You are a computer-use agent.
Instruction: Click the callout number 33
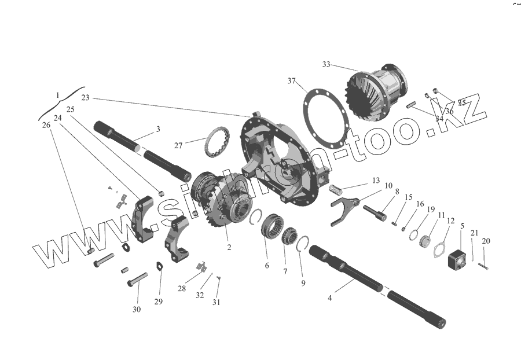(x=326, y=64)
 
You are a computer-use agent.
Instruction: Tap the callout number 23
(x=86, y=98)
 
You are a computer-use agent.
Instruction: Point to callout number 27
(x=179, y=145)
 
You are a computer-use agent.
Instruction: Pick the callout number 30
(x=137, y=310)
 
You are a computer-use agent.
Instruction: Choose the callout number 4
(x=330, y=298)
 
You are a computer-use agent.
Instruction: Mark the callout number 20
(x=486, y=241)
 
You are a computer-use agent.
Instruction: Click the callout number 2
(x=229, y=248)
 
